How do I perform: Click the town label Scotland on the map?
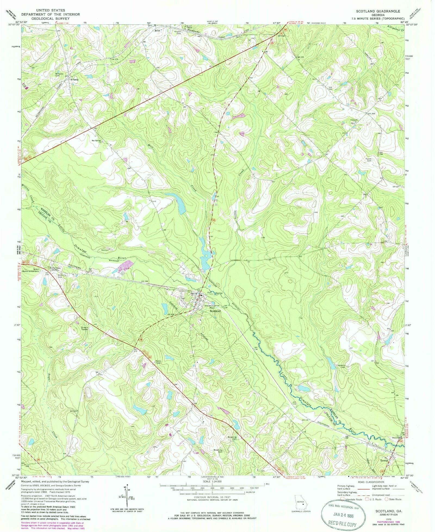click(215, 311)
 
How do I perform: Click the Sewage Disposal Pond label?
click(212, 306)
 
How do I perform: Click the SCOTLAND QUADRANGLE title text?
click(378, 11)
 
